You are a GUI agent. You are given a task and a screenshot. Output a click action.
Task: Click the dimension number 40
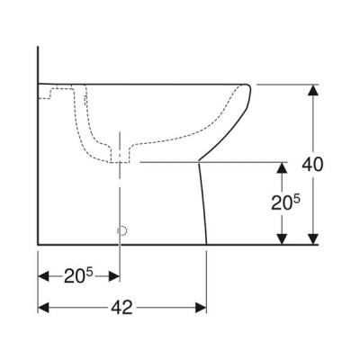pyautogui.click(x=312, y=165)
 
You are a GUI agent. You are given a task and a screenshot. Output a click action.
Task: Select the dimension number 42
pyautogui.click(x=121, y=307)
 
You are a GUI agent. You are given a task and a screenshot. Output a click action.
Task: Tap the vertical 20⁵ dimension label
pyautogui.click(x=285, y=202)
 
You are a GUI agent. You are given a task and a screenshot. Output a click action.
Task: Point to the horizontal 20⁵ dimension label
pyautogui.click(x=78, y=276)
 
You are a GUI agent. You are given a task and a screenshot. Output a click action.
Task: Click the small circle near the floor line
pyautogui.click(x=122, y=230)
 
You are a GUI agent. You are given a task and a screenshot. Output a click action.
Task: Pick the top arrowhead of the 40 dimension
pyautogui.click(x=313, y=90)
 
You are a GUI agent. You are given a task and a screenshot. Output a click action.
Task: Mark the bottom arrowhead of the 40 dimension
pyautogui.click(x=313, y=238)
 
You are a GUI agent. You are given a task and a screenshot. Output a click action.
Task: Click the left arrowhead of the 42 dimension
pyautogui.click(x=43, y=308)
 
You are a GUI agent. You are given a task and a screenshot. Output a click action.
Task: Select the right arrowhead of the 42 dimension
pyautogui.click(x=201, y=308)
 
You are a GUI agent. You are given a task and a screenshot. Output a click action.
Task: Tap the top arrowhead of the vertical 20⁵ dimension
pyautogui.click(x=282, y=168)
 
